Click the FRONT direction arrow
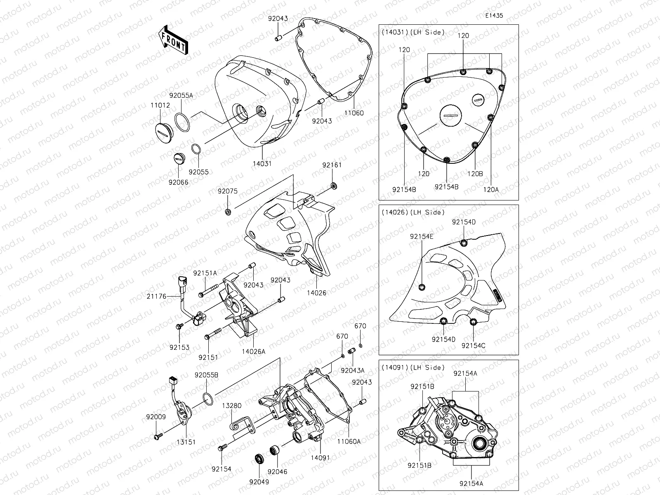[173, 40]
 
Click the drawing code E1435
[494, 16]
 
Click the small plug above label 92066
[179, 158]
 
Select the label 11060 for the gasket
[354, 113]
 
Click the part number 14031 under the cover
[262, 163]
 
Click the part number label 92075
[228, 191]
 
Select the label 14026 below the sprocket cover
[316, 293]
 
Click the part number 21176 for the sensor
[156, 296]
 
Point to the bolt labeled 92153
[179, 338]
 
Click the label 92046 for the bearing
[277, 471]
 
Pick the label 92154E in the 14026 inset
[422, 237]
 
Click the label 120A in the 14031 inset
[491, 189]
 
